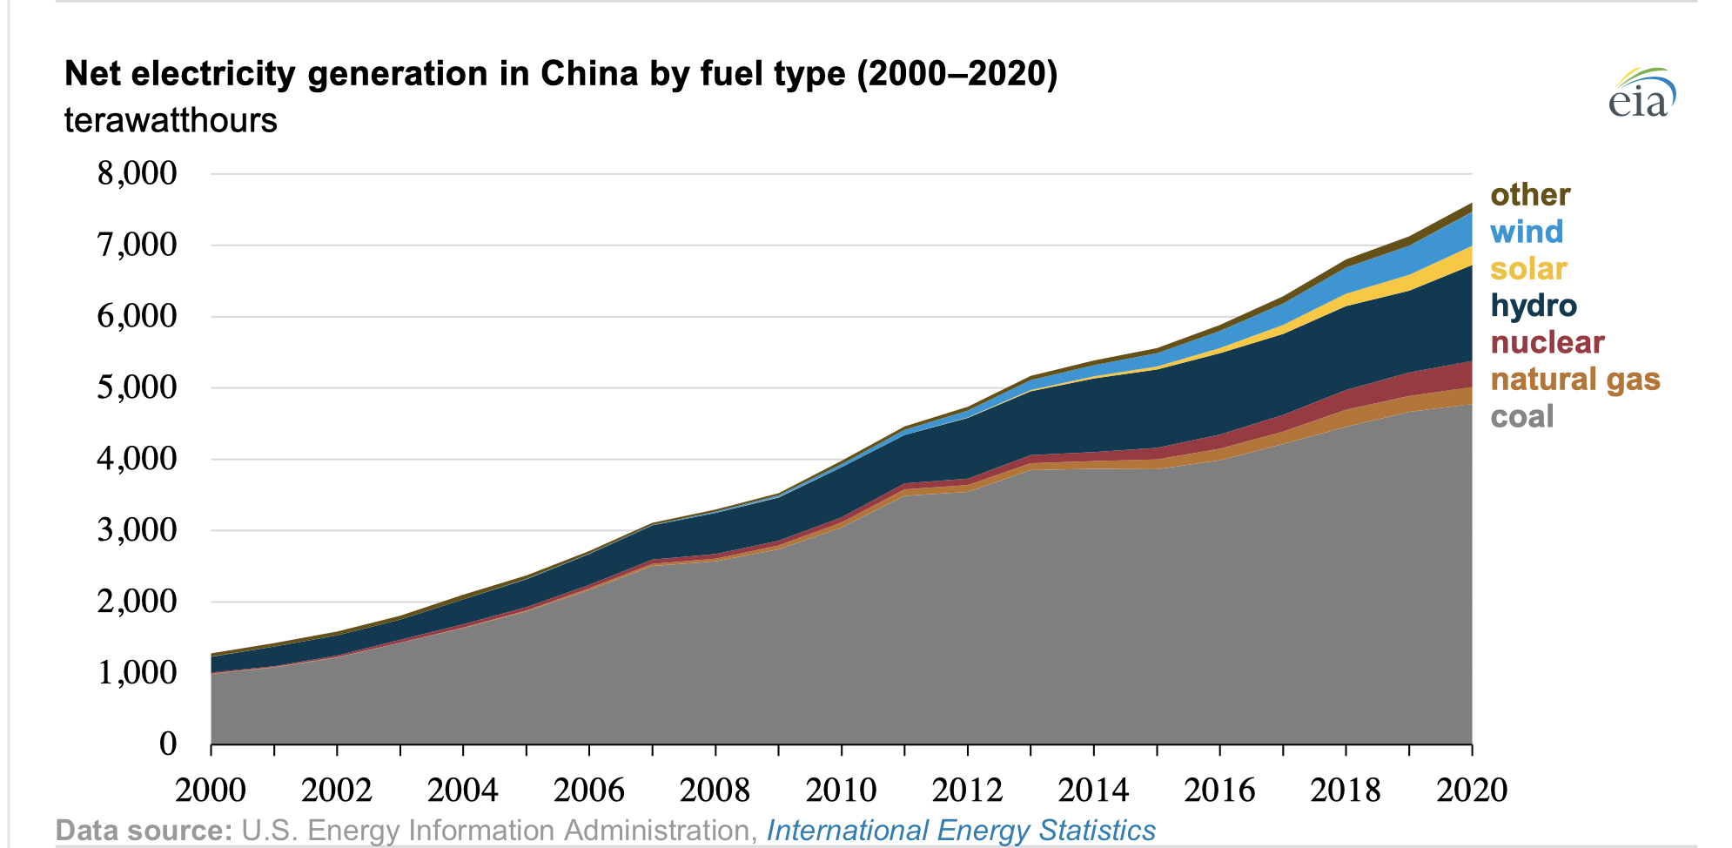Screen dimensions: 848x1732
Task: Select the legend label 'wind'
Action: [x=1527, y=232]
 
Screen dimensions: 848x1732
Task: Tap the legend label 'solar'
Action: [x=1528, y=269]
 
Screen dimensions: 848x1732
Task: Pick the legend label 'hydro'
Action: [x=1534, y=306]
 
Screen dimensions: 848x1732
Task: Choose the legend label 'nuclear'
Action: [x=1547, y=342]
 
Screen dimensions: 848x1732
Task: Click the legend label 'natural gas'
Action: [x=1575, y=380]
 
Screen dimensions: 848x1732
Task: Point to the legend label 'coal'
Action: [x=1521, y=416]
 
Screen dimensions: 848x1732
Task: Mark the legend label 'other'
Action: [x=1530, y=194]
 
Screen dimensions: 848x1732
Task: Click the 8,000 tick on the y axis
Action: [x=137, y=173]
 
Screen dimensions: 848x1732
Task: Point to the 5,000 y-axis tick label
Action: [x=137, y=387]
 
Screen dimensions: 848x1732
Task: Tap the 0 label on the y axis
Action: [x=168, y=744]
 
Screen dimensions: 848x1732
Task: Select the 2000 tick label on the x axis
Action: [x=211, y=790]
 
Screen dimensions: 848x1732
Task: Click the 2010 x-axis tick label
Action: [x=841, y=790]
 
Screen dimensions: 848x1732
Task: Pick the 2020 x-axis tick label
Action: [x=1472, y=790]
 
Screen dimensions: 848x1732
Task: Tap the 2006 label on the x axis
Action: [x=589, y=790]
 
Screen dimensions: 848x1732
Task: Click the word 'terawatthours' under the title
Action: [x=171, y=120]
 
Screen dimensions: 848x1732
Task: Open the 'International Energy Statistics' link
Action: [x=961, y=831]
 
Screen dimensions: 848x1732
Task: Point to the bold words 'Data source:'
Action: [x=144, y=831]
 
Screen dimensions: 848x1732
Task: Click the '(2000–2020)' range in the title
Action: [x=957, y=74]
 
